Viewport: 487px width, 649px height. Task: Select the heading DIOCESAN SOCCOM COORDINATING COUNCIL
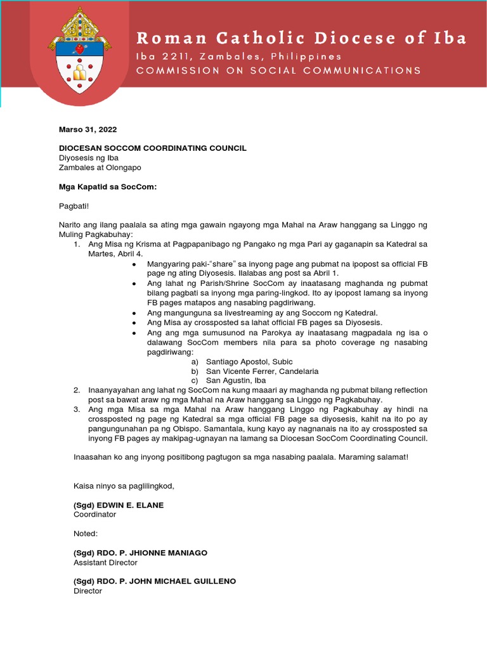(160, 148)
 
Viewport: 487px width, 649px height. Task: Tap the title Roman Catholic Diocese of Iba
(301, 38)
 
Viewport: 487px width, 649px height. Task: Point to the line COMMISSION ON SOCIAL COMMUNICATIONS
(278, 70)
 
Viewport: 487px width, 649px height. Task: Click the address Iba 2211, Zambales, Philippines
(238, 56)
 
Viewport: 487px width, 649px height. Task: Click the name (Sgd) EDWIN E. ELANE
(119, 504)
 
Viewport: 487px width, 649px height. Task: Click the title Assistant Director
(105, 562)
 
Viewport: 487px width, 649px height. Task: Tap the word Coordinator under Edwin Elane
(94, 514)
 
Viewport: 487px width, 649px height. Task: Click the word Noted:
(86, 534)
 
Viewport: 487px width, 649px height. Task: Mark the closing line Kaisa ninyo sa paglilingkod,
(124, 485)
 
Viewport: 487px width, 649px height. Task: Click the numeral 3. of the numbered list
(77, 409)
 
